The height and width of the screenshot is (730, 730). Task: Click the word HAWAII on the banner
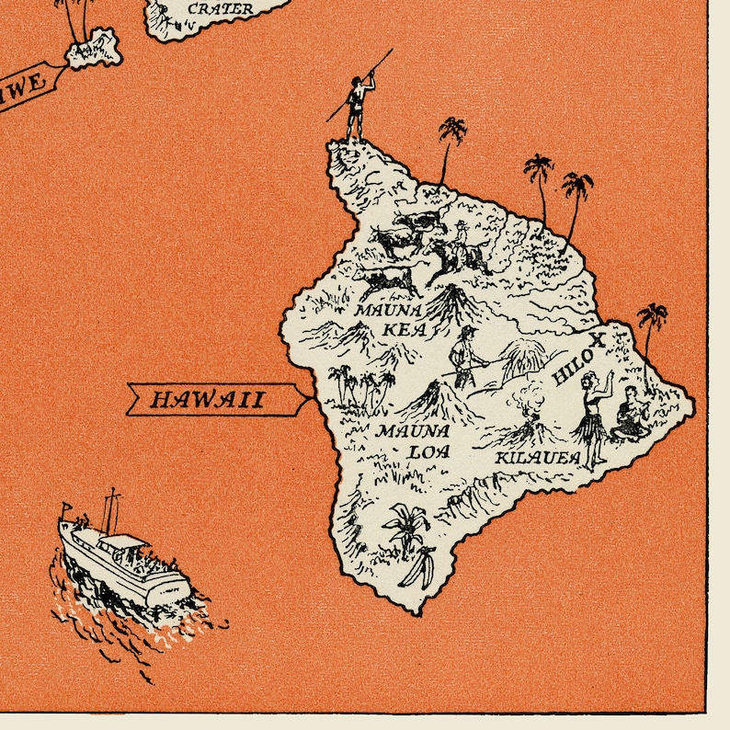[207, 399]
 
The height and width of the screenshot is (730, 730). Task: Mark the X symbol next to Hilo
[598, 340]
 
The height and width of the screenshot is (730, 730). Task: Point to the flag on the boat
[65, 508]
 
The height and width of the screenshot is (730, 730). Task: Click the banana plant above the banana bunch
[405, 525]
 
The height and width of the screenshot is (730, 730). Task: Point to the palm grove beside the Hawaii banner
[356, 386]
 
